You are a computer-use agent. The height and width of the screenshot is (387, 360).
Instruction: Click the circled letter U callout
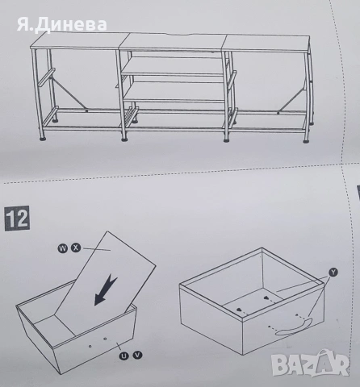(x=123, y=355)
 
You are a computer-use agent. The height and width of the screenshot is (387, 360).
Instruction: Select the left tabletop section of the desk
(x=73, y=43)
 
